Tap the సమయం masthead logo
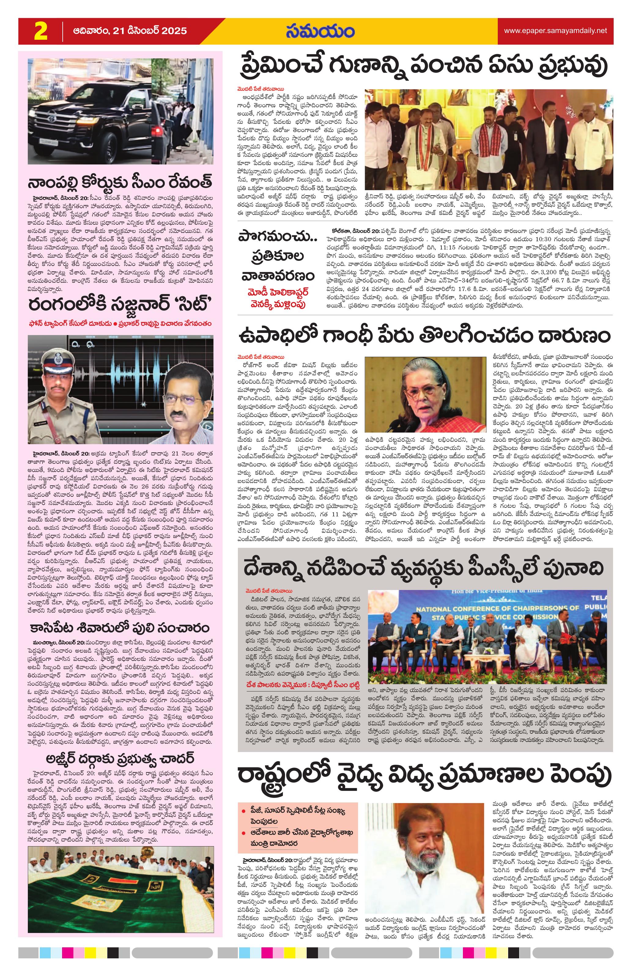[x=320, y=31]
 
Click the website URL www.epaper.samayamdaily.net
[x=555, y=31]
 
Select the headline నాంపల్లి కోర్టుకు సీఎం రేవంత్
[x=120, y=183]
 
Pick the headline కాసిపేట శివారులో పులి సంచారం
[x=120, y=628]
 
